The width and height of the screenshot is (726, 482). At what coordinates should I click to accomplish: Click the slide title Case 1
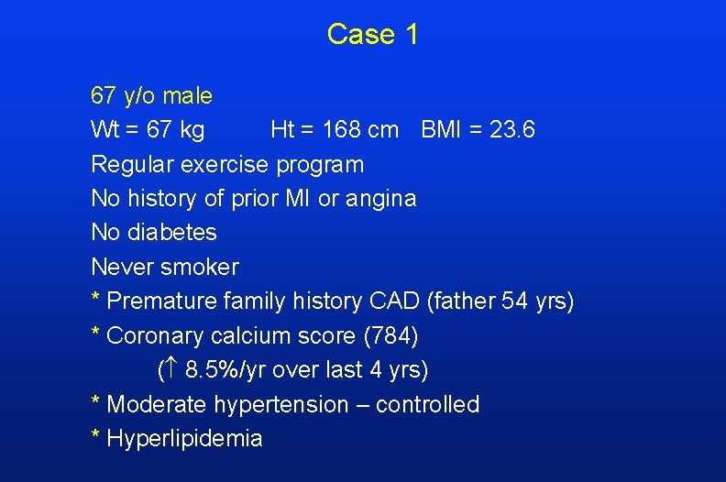(x=372, y=35)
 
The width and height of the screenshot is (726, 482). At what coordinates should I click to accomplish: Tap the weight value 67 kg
(x=175, y=130)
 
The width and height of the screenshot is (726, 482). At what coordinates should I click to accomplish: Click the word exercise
(x=225, y=165)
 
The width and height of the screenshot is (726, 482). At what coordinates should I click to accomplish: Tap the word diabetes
(x=172, y=233)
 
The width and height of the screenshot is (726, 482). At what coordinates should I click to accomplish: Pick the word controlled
(x=427, y=405)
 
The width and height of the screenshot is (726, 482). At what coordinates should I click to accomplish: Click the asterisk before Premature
(x=95, y=299)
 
